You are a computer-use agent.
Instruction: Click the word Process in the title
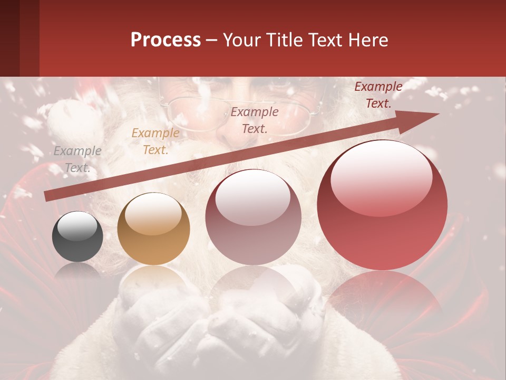click(166, 40)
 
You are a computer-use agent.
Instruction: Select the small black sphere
click(77, 236)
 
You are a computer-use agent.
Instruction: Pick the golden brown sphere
click(153, 229)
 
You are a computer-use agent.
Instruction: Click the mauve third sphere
click(254, 217)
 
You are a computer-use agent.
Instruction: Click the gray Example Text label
click(77, 159)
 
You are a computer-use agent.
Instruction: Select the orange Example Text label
click(155, 141)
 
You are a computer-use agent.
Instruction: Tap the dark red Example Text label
click(378, 95)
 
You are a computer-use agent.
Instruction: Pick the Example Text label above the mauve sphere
click(255, 120)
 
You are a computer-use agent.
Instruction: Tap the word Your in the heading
click(242, 40)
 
